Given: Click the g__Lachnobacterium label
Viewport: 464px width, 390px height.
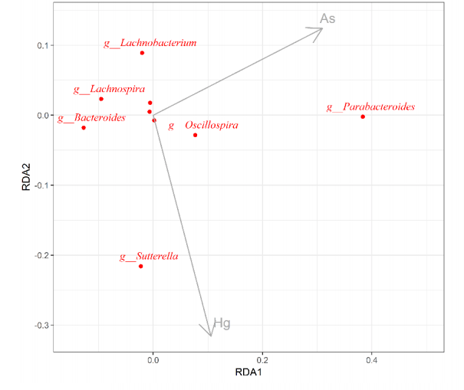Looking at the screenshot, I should point(150,44).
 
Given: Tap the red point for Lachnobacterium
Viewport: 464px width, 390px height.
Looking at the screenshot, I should point(142,53).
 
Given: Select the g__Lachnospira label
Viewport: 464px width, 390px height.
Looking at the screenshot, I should point(109,90).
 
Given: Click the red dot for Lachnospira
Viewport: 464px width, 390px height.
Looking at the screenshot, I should point(101,99).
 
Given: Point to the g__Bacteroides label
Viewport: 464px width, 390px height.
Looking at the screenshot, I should point(91,118).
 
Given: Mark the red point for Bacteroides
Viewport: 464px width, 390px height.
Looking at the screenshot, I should point(84,127).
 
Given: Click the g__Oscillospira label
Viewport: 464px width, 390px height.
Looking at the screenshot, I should point(203,126).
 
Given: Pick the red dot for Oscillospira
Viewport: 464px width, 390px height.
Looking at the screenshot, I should point(196,135).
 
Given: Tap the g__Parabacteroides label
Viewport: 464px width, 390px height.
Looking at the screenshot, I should point(370,107).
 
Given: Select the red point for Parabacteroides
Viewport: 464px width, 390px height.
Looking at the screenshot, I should point(363,116).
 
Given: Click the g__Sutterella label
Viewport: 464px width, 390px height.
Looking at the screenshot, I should point(149,257).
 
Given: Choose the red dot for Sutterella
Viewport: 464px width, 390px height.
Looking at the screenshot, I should point(141,266).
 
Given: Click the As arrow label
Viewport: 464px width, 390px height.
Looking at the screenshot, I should point(327,18).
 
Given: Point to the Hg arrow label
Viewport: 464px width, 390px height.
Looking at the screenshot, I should point(222,323).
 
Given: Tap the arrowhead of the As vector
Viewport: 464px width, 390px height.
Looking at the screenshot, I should point(321,30).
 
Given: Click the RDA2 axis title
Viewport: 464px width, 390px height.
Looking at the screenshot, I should point(27,185).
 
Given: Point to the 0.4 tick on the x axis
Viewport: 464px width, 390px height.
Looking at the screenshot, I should point(372,359).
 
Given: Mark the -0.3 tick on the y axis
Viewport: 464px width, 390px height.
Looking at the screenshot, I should point(39,326).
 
